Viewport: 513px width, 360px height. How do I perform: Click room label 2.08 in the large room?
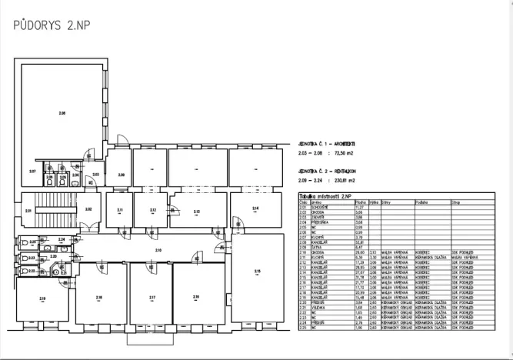point(63,113)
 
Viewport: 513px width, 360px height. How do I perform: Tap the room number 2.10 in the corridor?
point(158,250)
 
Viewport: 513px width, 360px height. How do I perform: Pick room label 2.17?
point(152,298)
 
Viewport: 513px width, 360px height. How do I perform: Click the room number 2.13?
point(197,212)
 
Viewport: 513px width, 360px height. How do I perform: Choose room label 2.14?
point(255,208)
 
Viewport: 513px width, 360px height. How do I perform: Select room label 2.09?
point(121,175)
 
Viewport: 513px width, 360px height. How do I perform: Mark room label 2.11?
point(120,210)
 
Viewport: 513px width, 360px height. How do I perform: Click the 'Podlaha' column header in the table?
point(421,202)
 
